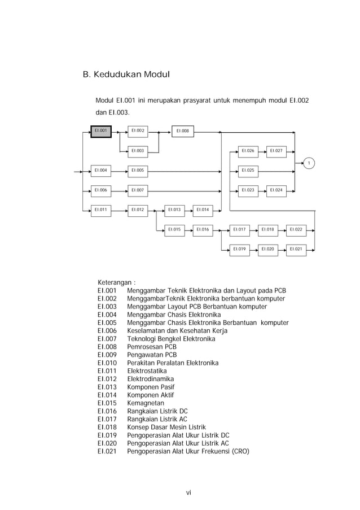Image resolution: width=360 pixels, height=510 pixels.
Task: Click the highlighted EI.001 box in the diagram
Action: pos(101,131)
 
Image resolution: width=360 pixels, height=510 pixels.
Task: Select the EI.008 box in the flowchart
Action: pos(182,131)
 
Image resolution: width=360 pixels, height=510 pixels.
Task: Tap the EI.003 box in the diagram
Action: pos(138,151)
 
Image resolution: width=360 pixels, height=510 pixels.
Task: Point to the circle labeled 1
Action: pos(309,163)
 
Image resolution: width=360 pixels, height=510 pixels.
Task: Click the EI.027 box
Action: pos(276,151)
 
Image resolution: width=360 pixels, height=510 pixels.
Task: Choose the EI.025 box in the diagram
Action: pos(248,170)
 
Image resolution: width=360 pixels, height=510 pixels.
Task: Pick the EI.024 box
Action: pos(276,190)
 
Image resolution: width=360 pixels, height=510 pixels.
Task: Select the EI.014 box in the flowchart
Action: pos(203,210)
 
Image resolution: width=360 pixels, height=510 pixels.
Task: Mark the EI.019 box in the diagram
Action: pos(239,249)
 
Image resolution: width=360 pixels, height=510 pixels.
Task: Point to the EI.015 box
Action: pos(174,230)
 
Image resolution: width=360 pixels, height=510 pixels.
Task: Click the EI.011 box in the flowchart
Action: pos(101,210)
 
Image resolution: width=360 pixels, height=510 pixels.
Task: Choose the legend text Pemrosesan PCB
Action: pos(151,347)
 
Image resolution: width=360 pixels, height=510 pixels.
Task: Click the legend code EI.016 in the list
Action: pos(107,411)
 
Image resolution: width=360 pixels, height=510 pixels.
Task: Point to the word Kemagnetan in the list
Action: pos(146,403)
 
